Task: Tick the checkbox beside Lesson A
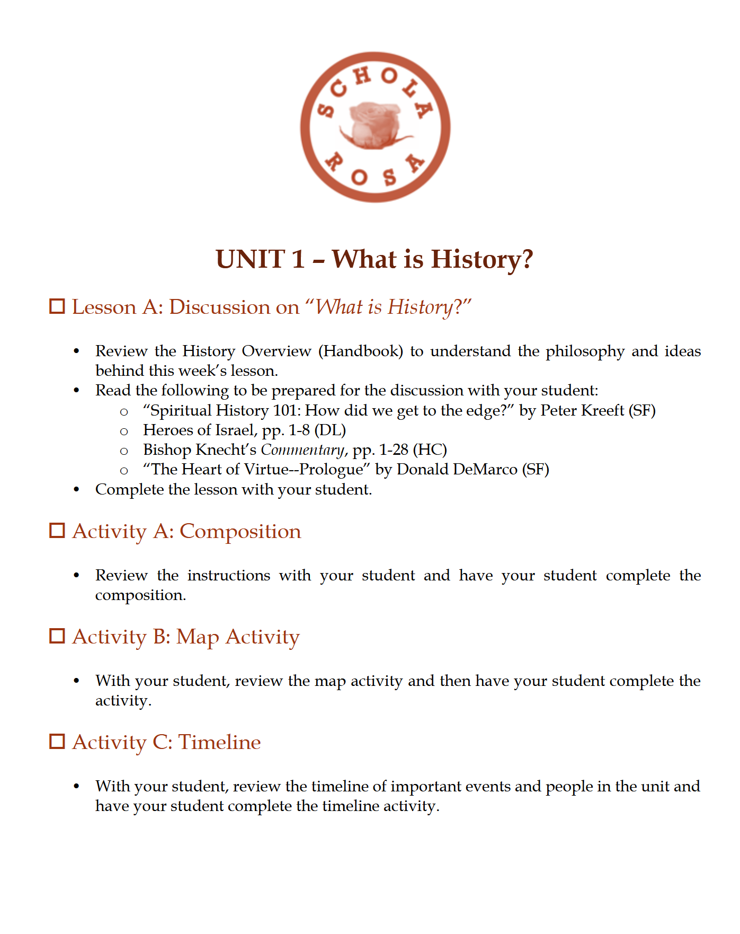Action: point(57,306)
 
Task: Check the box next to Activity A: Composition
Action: point(57,531)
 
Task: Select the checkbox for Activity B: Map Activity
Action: point(57,636)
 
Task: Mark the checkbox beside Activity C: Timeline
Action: point(57,742)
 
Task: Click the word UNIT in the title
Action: point(250,260)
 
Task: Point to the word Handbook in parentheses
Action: point(361,351)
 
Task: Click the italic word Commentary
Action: point(302,450)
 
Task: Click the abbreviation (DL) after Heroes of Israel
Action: point(329,430)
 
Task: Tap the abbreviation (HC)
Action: point(430,450)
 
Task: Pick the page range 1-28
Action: point(393,450)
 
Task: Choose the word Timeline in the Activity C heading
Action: point(219,742)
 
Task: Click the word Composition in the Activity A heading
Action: point(240,531)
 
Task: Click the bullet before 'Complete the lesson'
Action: point(77,490)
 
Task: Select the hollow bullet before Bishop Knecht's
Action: point(124,452)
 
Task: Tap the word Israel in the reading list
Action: point(235,430)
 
